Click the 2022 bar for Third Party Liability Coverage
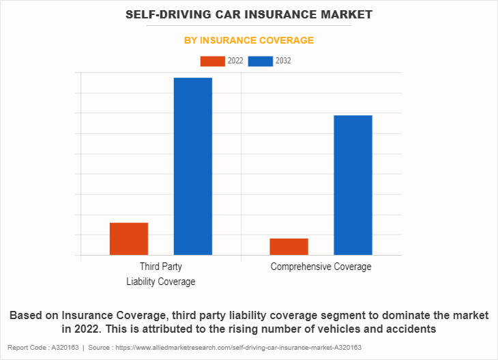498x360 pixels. click(x=129, y=239)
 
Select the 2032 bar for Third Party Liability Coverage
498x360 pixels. click(x=193, y=166)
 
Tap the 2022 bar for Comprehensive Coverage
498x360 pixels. click(x=289, y=247)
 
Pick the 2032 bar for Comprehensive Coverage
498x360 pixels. click(x=353, y=185)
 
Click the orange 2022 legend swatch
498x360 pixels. click(x=212, y=61)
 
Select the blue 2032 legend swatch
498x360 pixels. click(x=261, y=61)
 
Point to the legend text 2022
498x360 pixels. click(x=235, y=61)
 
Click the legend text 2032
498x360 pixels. click(x=283, y=61)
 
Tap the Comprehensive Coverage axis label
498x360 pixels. click(x=321, y=267)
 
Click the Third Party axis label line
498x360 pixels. click(x=161, y=267)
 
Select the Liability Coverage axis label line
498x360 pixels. click(x=161, y=282)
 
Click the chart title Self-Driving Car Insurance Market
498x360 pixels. click(x=249, y=14)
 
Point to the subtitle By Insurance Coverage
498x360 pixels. click(x=249, y=40)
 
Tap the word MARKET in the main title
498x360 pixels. click(x=348, y=14)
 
